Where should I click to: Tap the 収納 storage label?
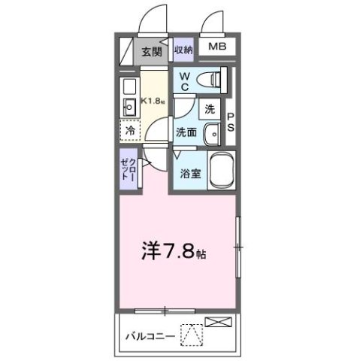coord(183,50)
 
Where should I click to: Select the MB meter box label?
coord(216,48)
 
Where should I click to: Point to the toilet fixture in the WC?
coord(215,78)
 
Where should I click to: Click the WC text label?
coord(183,80)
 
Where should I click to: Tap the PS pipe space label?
coord(231,123)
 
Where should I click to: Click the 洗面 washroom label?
coord(186,132)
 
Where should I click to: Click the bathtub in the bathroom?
coord(221,172)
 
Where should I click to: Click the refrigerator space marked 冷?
coord(131,129)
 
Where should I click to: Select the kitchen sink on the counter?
coord(128,108)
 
